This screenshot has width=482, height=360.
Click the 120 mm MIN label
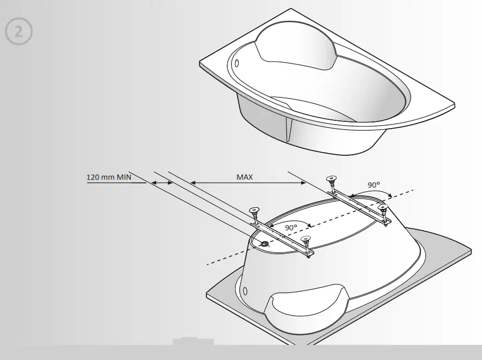coord(109,177)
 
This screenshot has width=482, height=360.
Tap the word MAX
coord(244,177)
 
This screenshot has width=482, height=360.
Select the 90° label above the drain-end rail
coord(291,228)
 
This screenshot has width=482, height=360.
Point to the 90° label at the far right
coord(373,185)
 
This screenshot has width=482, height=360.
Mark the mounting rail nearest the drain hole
coord(281,238)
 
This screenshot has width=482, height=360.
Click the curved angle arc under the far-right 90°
coord(371,193)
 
